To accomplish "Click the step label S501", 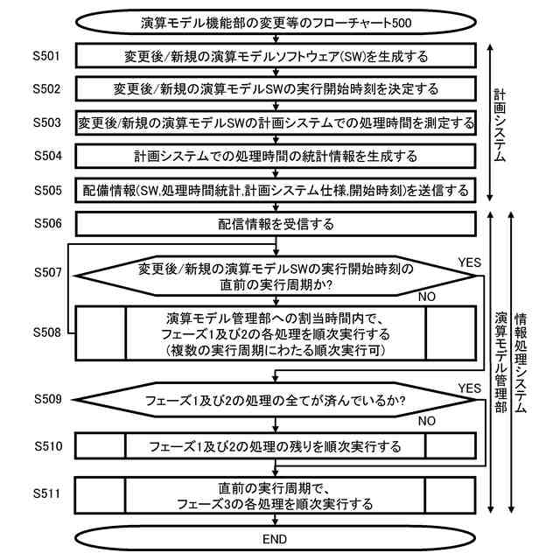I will [47, 57].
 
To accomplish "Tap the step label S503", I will [47, 123].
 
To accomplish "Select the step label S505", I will [47, 190].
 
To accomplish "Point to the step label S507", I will [47, 273].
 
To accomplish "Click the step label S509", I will [47, 400].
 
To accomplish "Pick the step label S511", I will [47, 494].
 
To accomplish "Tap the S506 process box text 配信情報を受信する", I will [276, 224].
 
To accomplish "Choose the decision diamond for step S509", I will [276, 403].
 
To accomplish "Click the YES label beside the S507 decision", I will [470, 262].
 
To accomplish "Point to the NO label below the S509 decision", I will [427, 421].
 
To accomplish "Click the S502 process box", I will [276, 89].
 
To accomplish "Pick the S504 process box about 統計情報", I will [276, 157].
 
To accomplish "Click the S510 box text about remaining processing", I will [276, 446].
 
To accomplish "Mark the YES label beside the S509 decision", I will [470, 388].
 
